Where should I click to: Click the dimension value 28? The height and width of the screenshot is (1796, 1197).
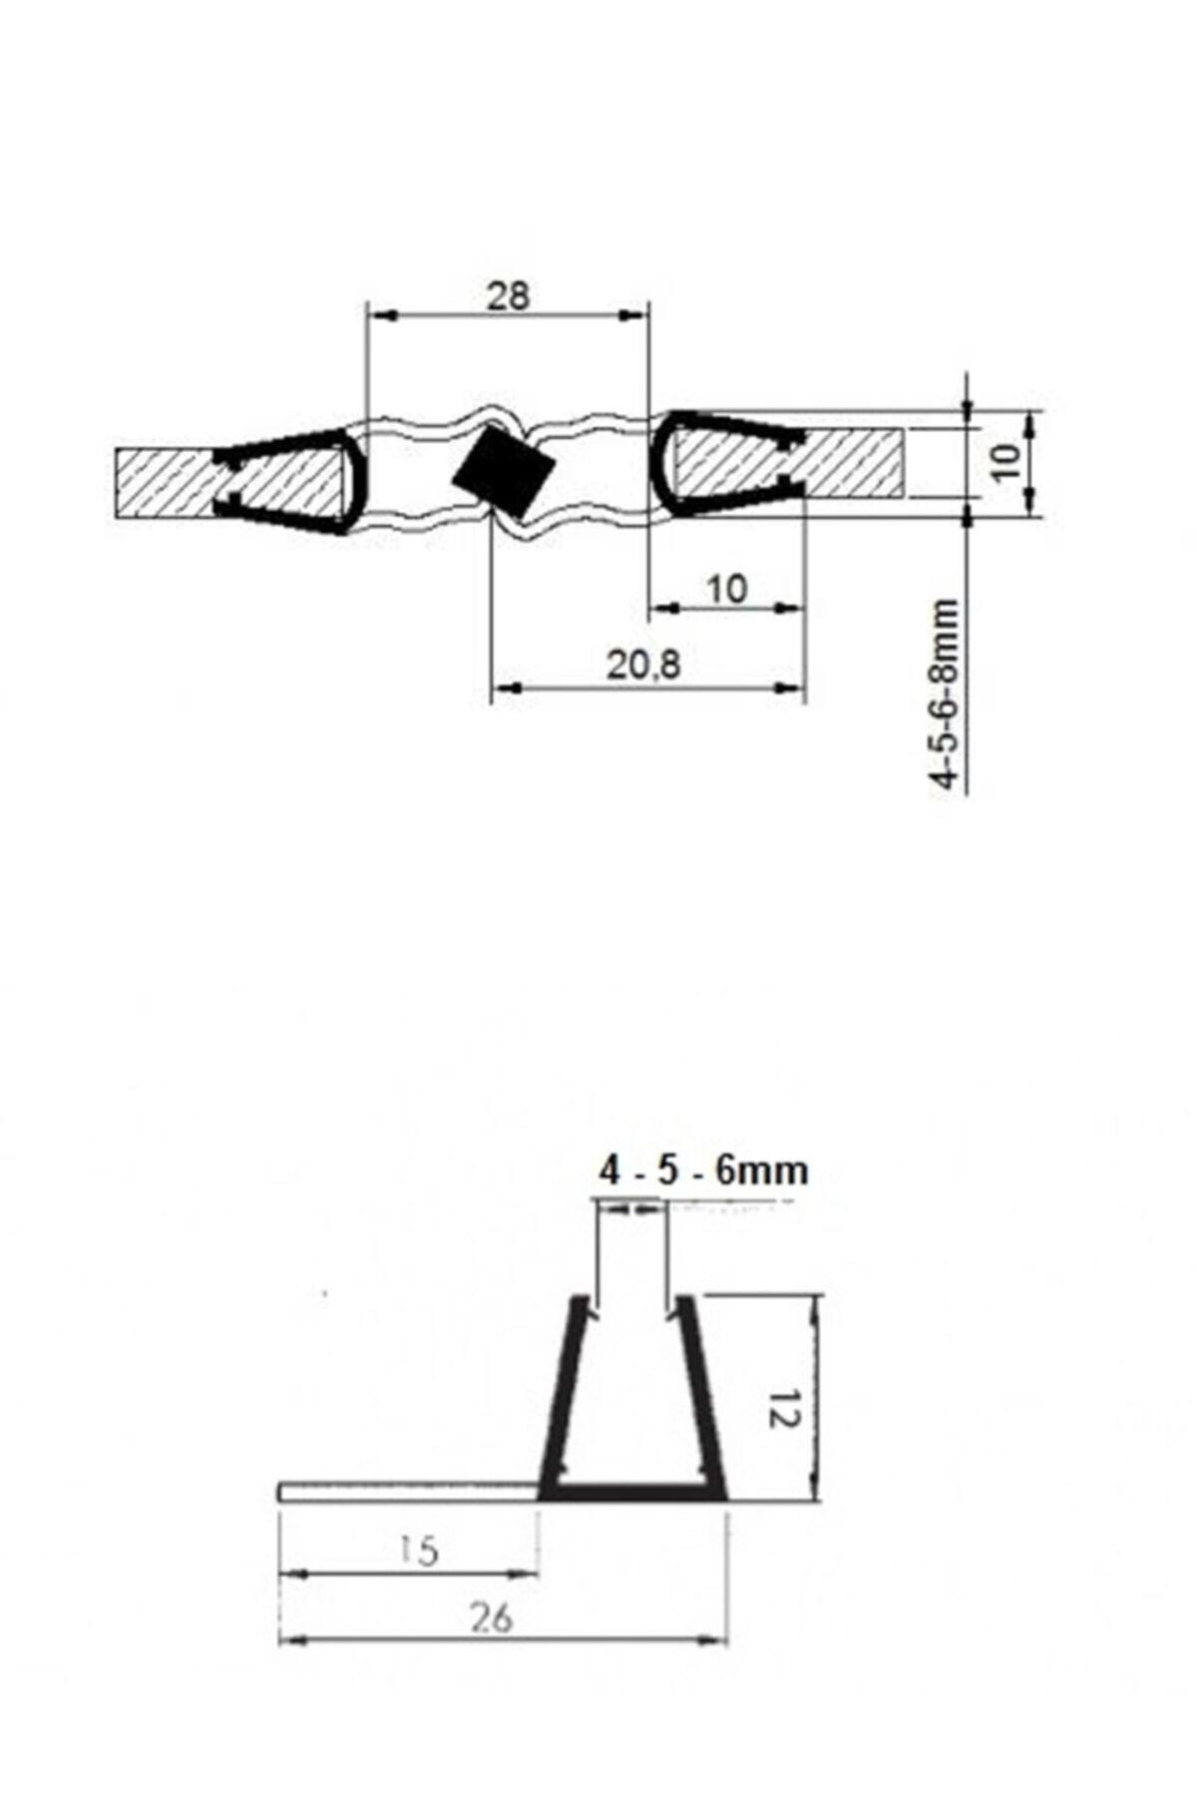tap(508, 296)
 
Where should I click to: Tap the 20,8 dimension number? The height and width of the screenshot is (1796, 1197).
tap(643, 664)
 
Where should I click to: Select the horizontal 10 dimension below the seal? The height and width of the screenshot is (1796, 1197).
tap(727, 589)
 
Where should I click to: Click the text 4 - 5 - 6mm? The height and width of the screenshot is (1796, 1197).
tap(703, 1170)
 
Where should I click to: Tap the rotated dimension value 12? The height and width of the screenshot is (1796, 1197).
tap(784, 1408)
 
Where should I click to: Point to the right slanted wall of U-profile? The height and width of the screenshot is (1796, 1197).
tap(700, 1397)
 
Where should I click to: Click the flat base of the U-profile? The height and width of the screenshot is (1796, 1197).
tap(632, 1493)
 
